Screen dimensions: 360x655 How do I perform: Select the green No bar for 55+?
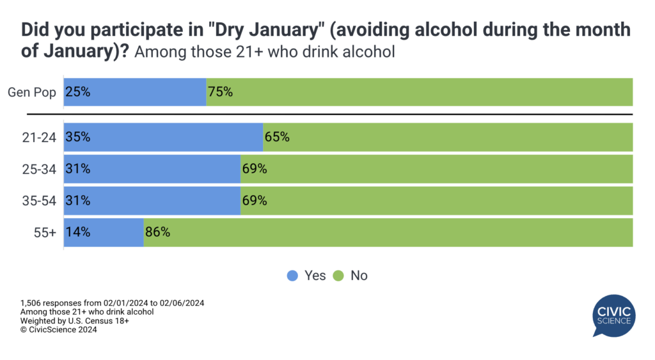pos(388,232)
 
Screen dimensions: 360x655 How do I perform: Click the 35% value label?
pos(77,137)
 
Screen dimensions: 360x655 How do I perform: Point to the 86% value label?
pos(157,232)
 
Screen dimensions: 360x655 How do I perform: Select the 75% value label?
pos(219,92)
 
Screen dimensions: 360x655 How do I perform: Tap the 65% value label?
pos(276,137)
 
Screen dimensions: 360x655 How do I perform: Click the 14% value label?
pos(77,232)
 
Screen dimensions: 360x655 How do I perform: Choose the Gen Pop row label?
pos(32,92)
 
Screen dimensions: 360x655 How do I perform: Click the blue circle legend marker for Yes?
pos(293,276)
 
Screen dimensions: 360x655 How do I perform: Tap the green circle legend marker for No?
pos(338,276)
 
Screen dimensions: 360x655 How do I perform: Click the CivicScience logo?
pos(612,315)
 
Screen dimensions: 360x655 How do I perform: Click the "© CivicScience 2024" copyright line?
pos(61,330)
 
